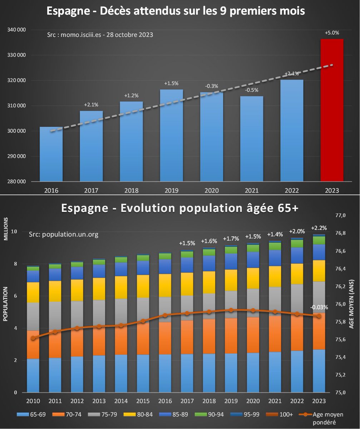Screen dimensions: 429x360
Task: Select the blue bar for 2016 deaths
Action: pos(51,154)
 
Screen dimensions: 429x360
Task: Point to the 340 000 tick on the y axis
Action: pos(16,30)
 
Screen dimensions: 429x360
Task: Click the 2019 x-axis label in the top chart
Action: pos(171,191)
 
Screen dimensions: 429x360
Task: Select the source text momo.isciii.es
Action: pos(100,35)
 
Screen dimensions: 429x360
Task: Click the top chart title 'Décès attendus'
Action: pos(176,11)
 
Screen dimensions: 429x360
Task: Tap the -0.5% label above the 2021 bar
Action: pos(251,90)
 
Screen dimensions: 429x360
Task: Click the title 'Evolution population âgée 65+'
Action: pos(179,208)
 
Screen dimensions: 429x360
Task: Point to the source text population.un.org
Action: pos(63,235)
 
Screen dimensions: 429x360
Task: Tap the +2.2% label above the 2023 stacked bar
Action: pos(319,228)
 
